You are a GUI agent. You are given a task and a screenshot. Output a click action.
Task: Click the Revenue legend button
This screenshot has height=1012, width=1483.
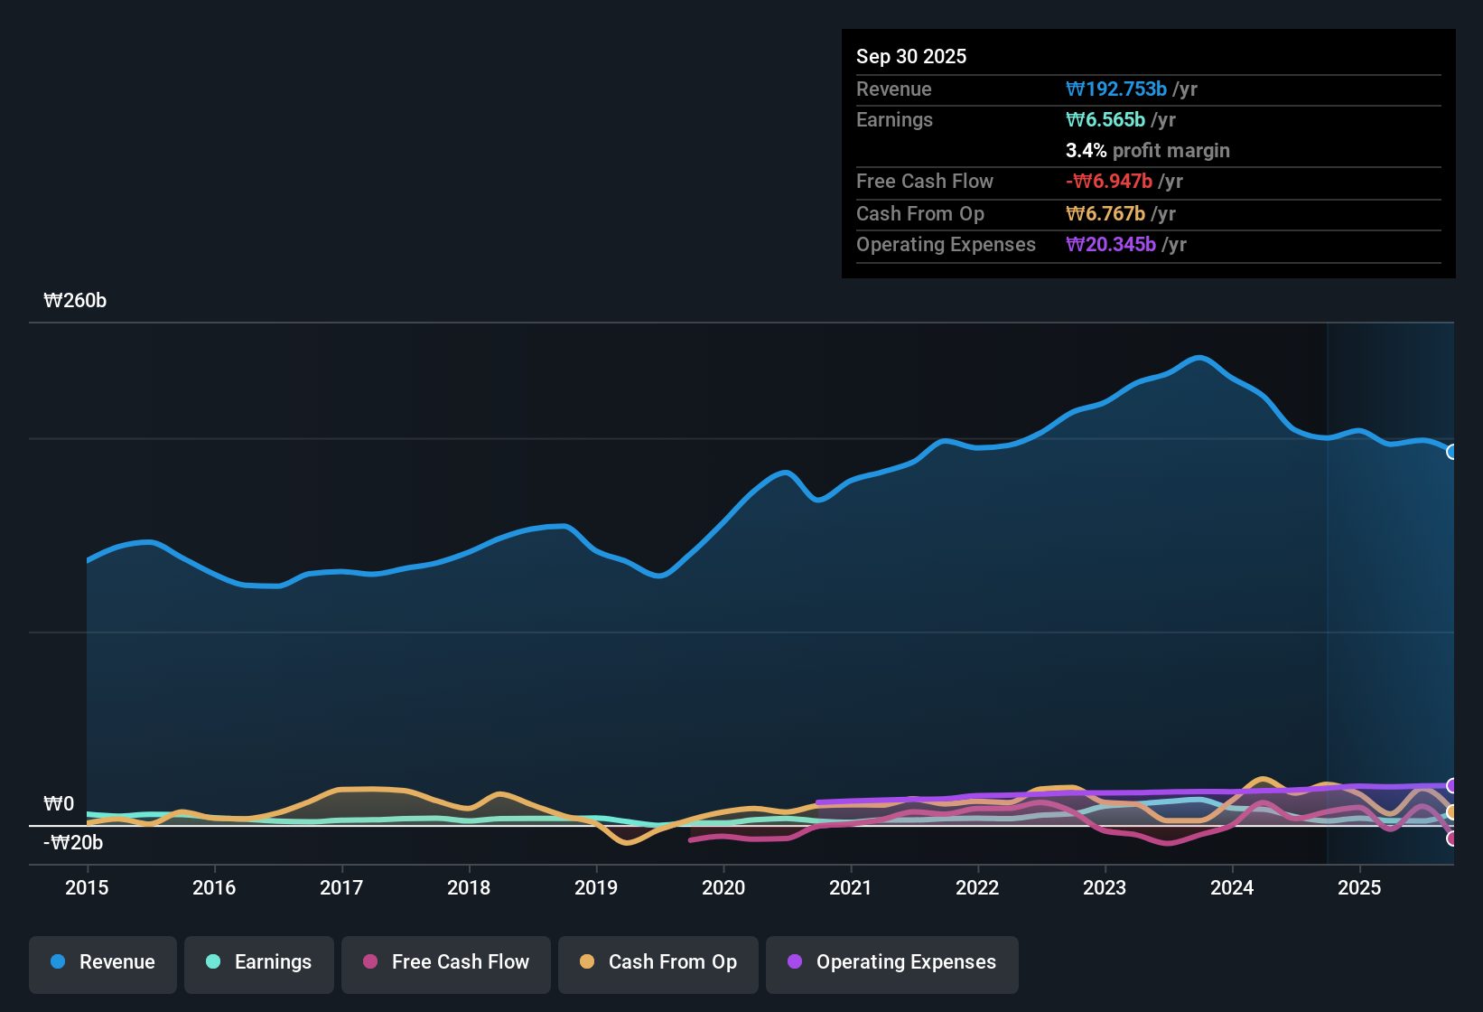click(103, 962)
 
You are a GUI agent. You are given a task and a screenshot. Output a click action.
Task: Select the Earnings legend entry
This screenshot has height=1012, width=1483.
click(259, 962)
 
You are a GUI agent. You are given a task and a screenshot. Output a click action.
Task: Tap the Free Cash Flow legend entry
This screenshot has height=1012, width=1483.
click(446, 962)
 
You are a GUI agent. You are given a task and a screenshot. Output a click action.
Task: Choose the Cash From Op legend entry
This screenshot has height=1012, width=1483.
click(658, 962)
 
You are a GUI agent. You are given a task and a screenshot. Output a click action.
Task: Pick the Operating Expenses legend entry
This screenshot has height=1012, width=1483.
click(892, 962)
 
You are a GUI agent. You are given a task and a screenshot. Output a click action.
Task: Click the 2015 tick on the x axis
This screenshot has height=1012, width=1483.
click(87, 887)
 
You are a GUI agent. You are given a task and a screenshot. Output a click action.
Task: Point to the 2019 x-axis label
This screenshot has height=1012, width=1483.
click(596, 887)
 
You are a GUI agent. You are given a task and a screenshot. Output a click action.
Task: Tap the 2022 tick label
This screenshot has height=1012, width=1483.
click(977, 887)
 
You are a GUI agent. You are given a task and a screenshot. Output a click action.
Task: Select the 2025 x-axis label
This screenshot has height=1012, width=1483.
click(1359, 887)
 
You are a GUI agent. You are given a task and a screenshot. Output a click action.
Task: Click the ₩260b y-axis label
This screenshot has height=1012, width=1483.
click(75, 301)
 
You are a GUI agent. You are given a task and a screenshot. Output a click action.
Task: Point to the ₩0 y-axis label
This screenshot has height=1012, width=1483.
click(59, 803)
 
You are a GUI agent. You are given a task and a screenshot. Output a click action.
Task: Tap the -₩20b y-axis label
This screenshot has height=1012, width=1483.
click(73, 843)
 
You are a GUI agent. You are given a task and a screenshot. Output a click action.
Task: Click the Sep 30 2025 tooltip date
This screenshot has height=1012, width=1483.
click(911, 56)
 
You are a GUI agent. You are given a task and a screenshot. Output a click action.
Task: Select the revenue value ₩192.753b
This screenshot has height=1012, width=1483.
click(1116, 89)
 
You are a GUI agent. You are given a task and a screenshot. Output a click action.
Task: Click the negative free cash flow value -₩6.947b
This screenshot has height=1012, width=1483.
click(1109, 181)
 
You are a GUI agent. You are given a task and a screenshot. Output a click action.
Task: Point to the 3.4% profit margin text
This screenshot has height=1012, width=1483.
click(1147, 150)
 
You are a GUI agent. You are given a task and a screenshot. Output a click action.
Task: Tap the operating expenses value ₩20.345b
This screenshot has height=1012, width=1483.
click(1111, 244)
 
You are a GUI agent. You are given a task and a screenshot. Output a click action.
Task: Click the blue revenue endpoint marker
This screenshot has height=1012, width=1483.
click(1452, 452)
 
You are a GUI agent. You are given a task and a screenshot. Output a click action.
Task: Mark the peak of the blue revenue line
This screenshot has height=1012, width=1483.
click(1199, 358)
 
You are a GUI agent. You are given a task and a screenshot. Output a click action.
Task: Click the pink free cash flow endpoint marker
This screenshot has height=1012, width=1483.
click(1452, 839)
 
